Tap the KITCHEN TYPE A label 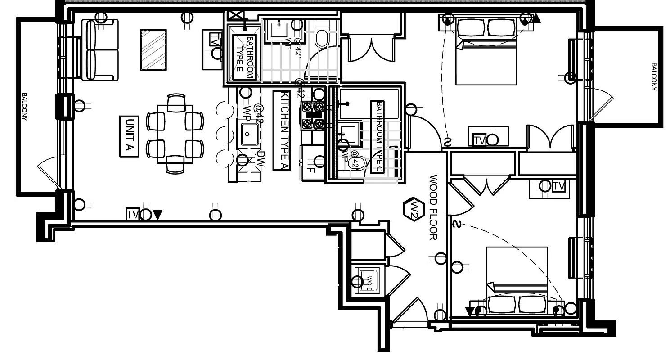(x=283, y=131)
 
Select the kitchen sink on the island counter (x=248, y=134)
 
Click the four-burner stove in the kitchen (x=313, y=115)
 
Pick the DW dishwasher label (x=261, y=159)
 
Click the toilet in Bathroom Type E (x=321, y=38)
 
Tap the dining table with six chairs (x=175, y=134)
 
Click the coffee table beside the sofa (x=153, y=49)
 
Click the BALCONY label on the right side (x=654, y=76)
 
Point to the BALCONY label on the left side (x=25, y=107)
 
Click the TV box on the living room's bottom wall (x=132, y=215)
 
